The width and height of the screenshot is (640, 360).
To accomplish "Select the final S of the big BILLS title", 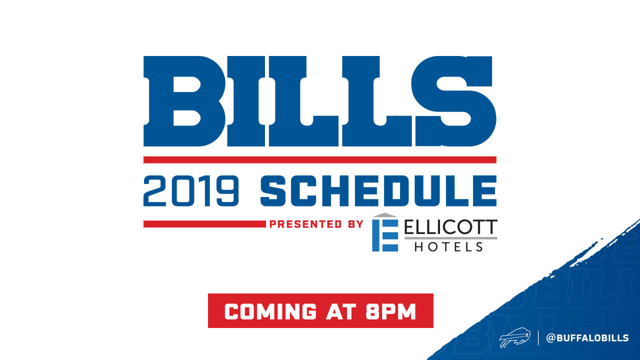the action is [x=453, y=101].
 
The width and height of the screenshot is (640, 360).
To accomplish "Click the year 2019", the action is [x=191, y=191].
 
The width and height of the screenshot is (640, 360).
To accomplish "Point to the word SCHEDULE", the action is [x=378, y=191].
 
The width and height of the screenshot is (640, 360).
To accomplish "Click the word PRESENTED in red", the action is [x=305, y=224].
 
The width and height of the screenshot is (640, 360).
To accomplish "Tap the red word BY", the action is [x=355, y=224].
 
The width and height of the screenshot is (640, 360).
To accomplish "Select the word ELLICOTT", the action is [x=451, y=227].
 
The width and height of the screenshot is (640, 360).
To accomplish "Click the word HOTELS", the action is [x=449, y=247].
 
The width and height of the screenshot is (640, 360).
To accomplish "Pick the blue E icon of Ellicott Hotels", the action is [x=385, y=235].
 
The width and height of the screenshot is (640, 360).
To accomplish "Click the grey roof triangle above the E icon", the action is [x=385, y=215].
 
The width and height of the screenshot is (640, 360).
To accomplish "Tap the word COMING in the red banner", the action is [x=270, y=311].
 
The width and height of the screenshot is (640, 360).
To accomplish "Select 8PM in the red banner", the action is [x=391, y=311].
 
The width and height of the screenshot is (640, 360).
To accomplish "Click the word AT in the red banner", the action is [x=341, y=311].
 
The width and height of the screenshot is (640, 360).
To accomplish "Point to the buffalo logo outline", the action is [x=515, y=337].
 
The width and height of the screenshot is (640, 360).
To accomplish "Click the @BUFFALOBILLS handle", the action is [x=587, y=338].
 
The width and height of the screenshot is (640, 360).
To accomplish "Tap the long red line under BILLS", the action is [x=320, y=159].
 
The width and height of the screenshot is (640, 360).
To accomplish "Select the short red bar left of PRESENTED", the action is [x=204, y=224].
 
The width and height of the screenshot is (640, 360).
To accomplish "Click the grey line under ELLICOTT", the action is [x=451, y=238].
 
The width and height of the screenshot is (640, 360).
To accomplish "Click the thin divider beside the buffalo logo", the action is [x=538, y=337].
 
